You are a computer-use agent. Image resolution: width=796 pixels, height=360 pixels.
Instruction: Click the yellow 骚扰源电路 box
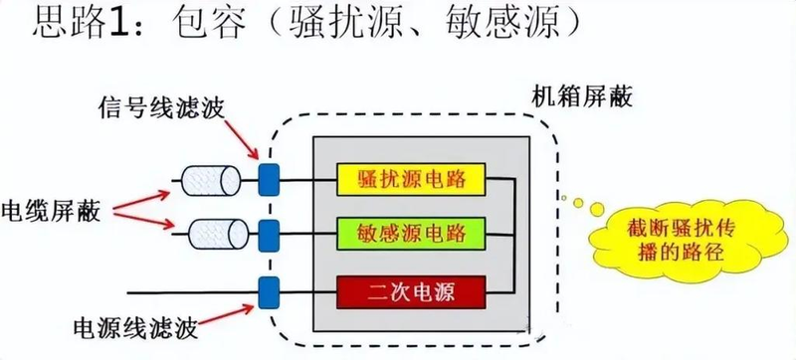point(412,179)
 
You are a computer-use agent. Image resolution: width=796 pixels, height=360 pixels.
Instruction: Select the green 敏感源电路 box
point(412,235)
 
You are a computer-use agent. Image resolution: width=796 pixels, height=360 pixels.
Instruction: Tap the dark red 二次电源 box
point(412,292)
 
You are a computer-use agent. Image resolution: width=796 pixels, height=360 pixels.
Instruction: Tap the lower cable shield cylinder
point(214,235)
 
